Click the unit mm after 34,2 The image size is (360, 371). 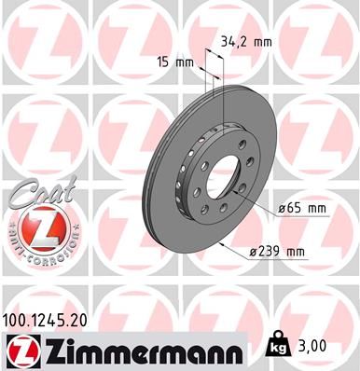(265, 42)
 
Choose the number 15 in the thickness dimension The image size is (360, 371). (164, 62)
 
